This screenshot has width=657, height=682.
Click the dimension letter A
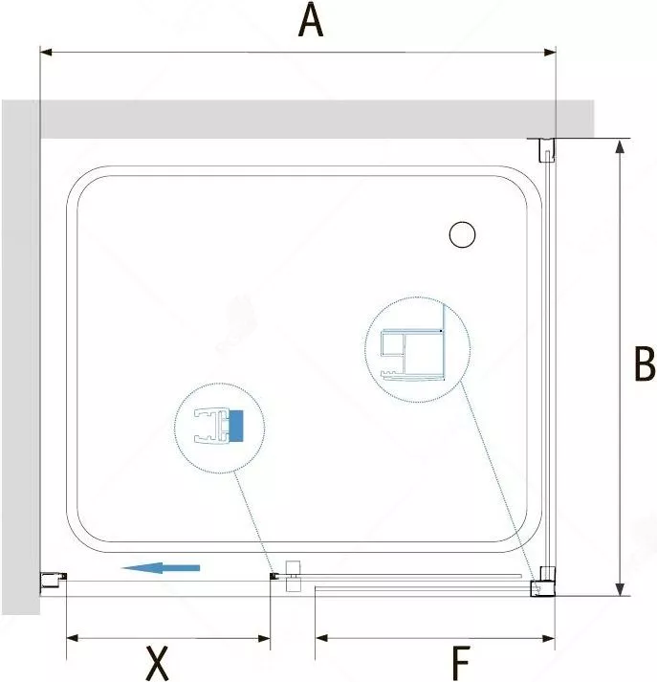coord(311,21)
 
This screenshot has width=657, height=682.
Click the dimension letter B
coord(645,363)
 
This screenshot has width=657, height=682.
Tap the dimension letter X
coord(157,663)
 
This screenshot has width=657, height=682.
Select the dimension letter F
coord(461,663)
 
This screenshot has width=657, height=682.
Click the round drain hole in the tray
coord(462,234)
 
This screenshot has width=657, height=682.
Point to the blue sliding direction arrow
coord(160,567)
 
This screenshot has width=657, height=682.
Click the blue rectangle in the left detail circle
coord(235,426)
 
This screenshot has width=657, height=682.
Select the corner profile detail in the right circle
coord(413,354)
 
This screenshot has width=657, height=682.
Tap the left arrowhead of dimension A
coord(46,53)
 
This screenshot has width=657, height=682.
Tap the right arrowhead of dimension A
coord(550,53)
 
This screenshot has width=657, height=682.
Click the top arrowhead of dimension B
coord(620,146)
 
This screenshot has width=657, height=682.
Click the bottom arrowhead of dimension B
coord(620,589)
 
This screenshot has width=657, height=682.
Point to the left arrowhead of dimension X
coord(72,638)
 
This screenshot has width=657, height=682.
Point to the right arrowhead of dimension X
coord(264,638)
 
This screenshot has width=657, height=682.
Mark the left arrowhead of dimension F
coord(321,638)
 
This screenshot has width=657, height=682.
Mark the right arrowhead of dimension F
coord(549,638)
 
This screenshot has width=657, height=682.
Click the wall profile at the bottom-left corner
coord(54,581)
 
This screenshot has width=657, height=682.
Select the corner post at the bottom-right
coord(542,583)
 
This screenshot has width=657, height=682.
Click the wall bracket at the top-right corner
coord(547,150)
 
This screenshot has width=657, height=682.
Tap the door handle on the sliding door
coord(293,576)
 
